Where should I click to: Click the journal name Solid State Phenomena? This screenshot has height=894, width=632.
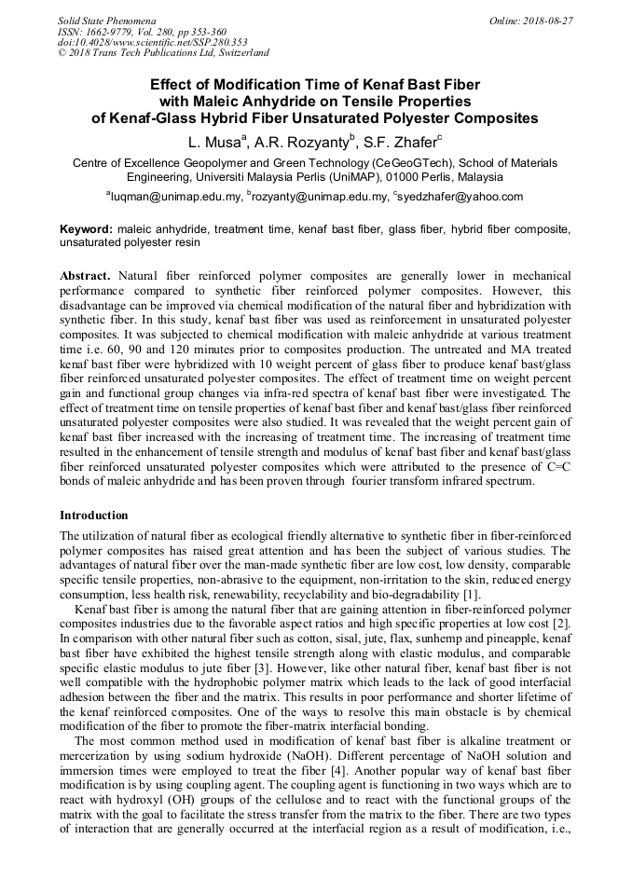pyautogui.click(x=106, y=20)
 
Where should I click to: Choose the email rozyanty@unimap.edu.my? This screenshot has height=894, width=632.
pyautogui.click(x=320, y=197)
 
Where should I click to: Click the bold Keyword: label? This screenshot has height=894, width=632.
pyautogui.click(x=87, y=228)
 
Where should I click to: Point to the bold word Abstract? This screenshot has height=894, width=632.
pyautogui.click(x=86, y=277)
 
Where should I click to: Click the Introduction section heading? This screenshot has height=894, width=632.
pyautogui.click(x=94, y=516)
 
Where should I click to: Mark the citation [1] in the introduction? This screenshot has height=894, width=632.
pyautogui.click(x=472, y=594)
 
